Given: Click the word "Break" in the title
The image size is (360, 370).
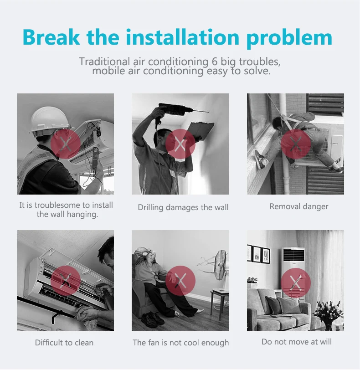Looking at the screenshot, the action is click(51, 37).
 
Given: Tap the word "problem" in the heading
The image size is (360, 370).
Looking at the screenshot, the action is click(289, 38).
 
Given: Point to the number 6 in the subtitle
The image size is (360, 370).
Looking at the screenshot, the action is click(214, 62).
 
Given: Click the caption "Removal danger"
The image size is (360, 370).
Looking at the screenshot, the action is click(298, 206).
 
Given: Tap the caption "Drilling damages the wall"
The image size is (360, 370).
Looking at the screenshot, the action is click(183, 207).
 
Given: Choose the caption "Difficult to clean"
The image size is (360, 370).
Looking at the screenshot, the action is click(64, 343).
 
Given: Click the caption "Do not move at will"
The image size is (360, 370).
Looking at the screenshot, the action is click(297, 342).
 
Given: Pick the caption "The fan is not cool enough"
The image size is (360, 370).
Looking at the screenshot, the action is click(181, 343).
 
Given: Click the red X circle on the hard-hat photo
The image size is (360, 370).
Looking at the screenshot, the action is click(65, 144).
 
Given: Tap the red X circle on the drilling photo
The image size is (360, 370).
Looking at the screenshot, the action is click(180, 144).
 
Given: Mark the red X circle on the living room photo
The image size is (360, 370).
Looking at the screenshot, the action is click(296, 283).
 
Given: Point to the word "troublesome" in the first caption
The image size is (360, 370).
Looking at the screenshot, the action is click(62, 205).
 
